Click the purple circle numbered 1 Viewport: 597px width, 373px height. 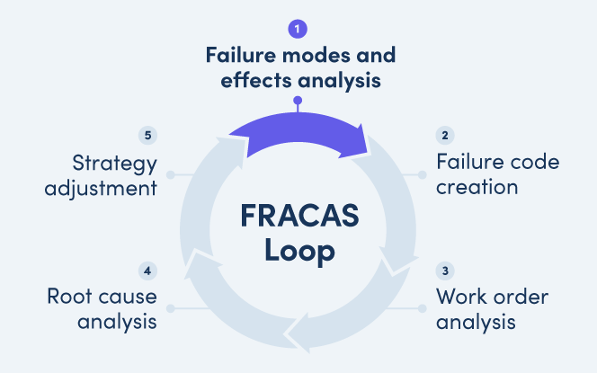(298, 29)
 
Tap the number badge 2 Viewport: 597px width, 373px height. (444, 136)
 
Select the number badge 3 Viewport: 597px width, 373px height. (444, 270)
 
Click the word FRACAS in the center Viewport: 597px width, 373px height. (299, 217)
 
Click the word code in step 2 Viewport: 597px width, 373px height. (533, 163)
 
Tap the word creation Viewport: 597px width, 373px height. (477, 187)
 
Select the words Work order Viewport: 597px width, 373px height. (492, 297)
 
